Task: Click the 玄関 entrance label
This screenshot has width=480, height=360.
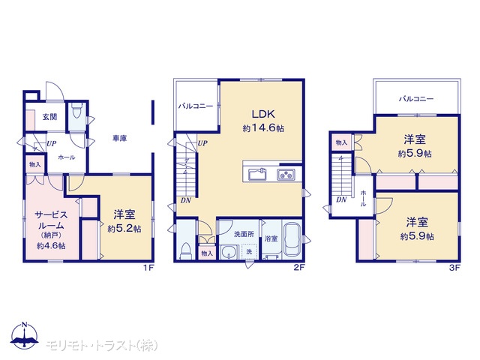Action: [x=49, y=117]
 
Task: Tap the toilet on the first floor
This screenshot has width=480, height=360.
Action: [x=76, y=110]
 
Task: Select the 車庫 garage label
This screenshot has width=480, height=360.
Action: [x=120, y=138]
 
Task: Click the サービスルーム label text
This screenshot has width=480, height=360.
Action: [x=51, y=220]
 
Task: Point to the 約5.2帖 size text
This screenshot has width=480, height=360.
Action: [x=124, y=229]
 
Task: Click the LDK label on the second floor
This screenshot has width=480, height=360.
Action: [x=263, y=114]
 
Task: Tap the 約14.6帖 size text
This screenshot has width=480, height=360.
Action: [x=263, y=128]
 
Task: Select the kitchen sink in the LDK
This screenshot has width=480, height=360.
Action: [x=258, y=175]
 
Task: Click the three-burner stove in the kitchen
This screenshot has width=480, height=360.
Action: [x=286, y=175]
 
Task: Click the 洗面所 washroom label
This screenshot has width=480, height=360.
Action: [x=244, y=234]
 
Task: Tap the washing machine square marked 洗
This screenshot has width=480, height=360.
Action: [x=249, y=251]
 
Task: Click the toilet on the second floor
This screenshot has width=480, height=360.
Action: [x=186, y=252]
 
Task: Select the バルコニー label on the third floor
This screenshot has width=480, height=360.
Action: [x=416, y=98]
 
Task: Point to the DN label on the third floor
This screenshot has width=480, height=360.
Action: [x=341, y=200]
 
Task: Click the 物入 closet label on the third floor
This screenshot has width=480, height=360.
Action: [x=341, y=142]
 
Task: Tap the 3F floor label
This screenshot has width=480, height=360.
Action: [x=454, y=268]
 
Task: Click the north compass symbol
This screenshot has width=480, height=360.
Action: [x=25, y=335]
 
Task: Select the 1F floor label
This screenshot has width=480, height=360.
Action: [x=148, y=268]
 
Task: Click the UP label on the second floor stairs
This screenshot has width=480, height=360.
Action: [x=202, y=143]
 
